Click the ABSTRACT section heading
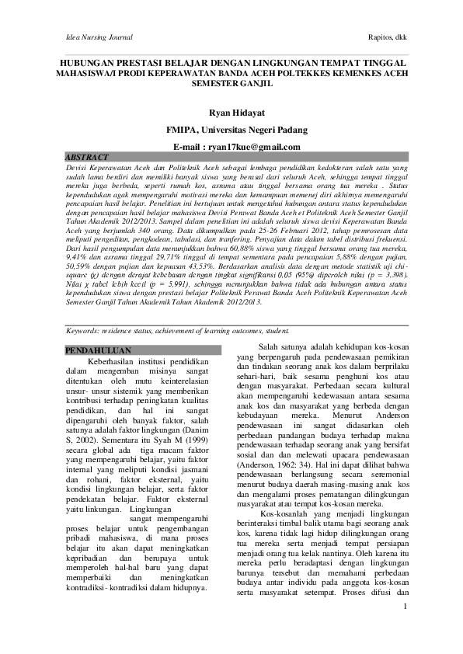87,157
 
